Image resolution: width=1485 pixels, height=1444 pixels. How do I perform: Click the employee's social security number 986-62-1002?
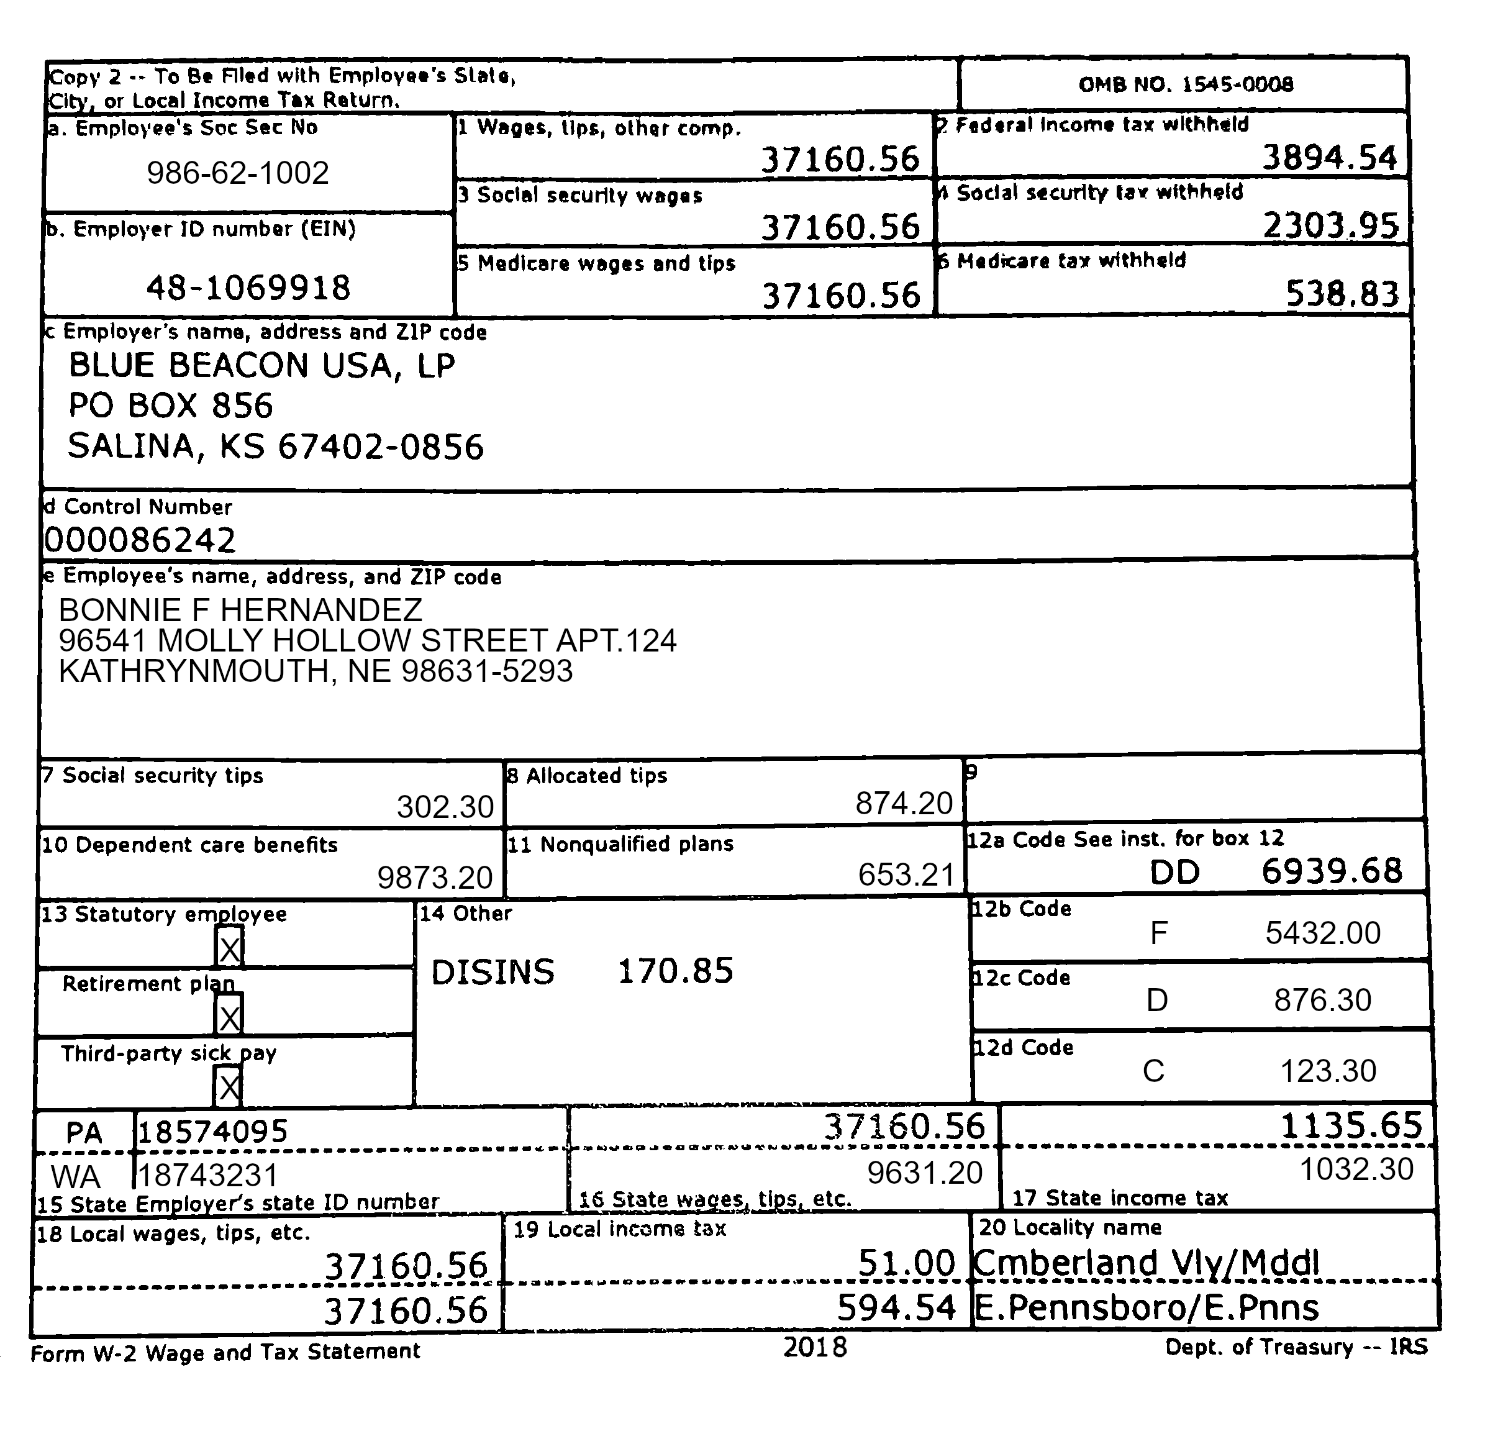tap(237, 173)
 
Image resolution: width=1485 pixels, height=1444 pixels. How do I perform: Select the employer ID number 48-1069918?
tap(248, 288)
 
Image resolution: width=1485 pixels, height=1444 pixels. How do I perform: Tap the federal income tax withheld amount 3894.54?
tap(1328, 158)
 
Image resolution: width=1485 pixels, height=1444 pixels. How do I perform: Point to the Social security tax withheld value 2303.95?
tap(1330, 225)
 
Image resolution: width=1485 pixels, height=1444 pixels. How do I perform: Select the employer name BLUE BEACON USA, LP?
tap(261, 366)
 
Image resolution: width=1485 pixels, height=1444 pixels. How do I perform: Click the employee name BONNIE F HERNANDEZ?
tap(240, 610)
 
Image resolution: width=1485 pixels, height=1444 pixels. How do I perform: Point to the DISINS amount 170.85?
tap(675, 971)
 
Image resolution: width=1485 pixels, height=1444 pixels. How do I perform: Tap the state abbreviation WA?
tap(76, 1176)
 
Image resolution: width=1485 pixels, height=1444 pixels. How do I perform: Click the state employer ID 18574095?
tap(212, 1132)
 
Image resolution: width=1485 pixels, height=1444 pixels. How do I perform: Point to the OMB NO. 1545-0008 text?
tap(1186, 84)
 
